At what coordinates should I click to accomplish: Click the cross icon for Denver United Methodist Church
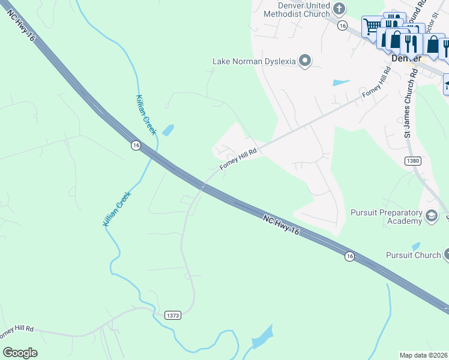340,8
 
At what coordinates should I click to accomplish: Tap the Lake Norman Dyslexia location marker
306,61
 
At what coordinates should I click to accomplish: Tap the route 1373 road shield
173,315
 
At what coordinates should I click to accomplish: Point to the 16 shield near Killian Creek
136,145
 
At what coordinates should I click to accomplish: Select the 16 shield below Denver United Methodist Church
342,25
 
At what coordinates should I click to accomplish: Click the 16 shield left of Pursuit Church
349,256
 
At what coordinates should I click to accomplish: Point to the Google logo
20,352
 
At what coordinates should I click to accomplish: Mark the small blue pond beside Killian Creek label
168,130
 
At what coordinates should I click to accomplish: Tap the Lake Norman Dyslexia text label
255,61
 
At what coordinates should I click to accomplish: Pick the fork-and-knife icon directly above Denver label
411,43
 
